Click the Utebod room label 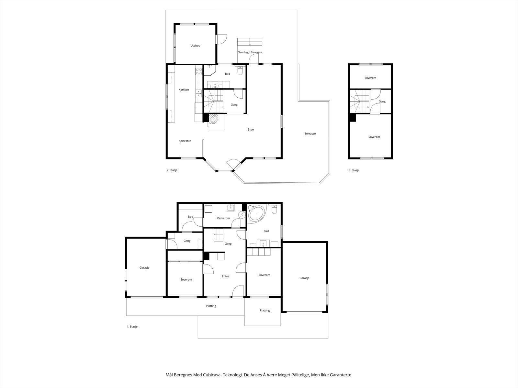pos(196,46)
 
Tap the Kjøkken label pos(184,90)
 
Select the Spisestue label pos(185,141)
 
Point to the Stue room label pos(251,130)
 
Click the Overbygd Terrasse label pos(250,52)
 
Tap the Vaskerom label pos(223,218)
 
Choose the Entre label pos(225,276)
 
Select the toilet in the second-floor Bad pos(240,70)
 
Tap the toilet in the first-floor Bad pos(274,209)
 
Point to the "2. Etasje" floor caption pos(172,170)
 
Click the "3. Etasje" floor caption pos(354,170)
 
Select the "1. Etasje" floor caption pos(132,327)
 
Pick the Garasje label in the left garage pos(144,268)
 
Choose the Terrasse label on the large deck pos(310,134)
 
